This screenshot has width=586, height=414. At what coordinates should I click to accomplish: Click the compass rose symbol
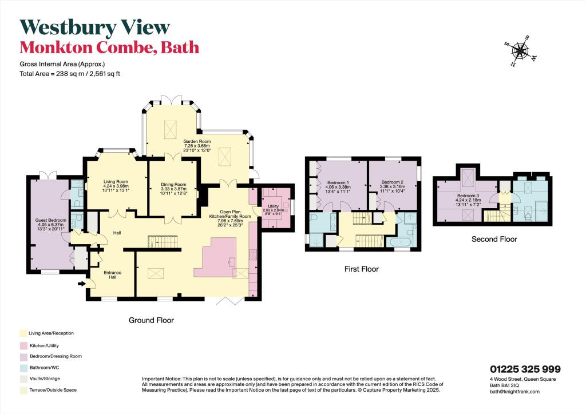coord(520,51)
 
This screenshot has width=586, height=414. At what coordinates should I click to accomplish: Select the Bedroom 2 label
coord(393,186)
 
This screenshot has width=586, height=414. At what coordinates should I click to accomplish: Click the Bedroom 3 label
coord(467,199)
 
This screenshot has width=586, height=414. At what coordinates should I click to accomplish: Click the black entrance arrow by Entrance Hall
coord(81,283)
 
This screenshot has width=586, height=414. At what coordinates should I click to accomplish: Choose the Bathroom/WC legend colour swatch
coord(22,367)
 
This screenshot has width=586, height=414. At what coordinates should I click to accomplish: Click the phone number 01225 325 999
coord(525,369)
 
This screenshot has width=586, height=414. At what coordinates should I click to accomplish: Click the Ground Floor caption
coord(152,320)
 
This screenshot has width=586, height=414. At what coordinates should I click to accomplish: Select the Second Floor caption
coord(494,239)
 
